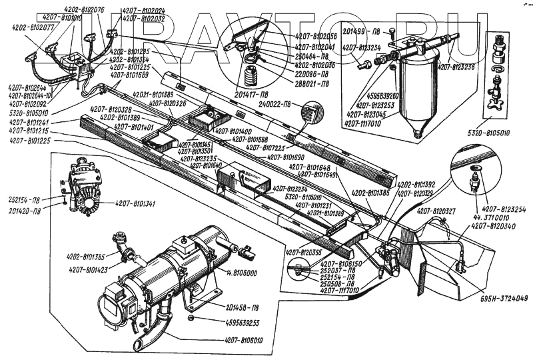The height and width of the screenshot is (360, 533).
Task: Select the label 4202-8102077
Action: (x=33, y=28)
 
